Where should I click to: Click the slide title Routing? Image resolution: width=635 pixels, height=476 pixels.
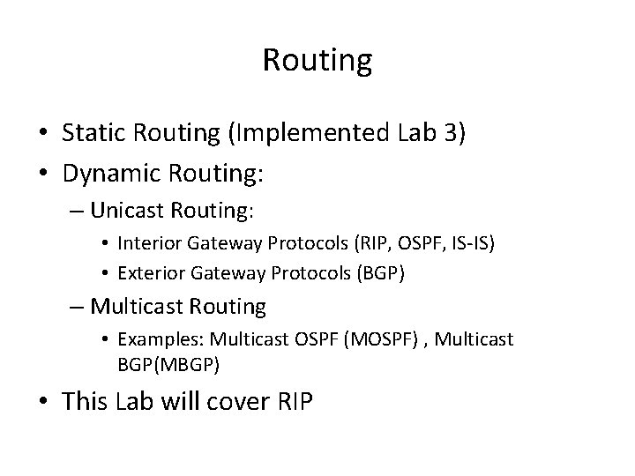click(x=317, y=60)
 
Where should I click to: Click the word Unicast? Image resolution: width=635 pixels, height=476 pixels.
click(x=125, y=212)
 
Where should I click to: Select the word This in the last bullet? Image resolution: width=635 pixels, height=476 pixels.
click(x=86, y=401)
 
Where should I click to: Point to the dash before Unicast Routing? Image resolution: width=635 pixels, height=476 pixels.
click(x=76, y=212)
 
